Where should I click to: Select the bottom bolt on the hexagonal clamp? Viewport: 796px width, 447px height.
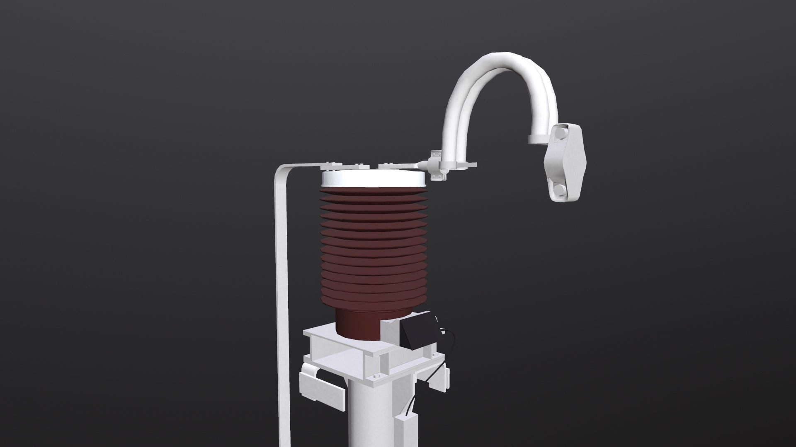558,190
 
